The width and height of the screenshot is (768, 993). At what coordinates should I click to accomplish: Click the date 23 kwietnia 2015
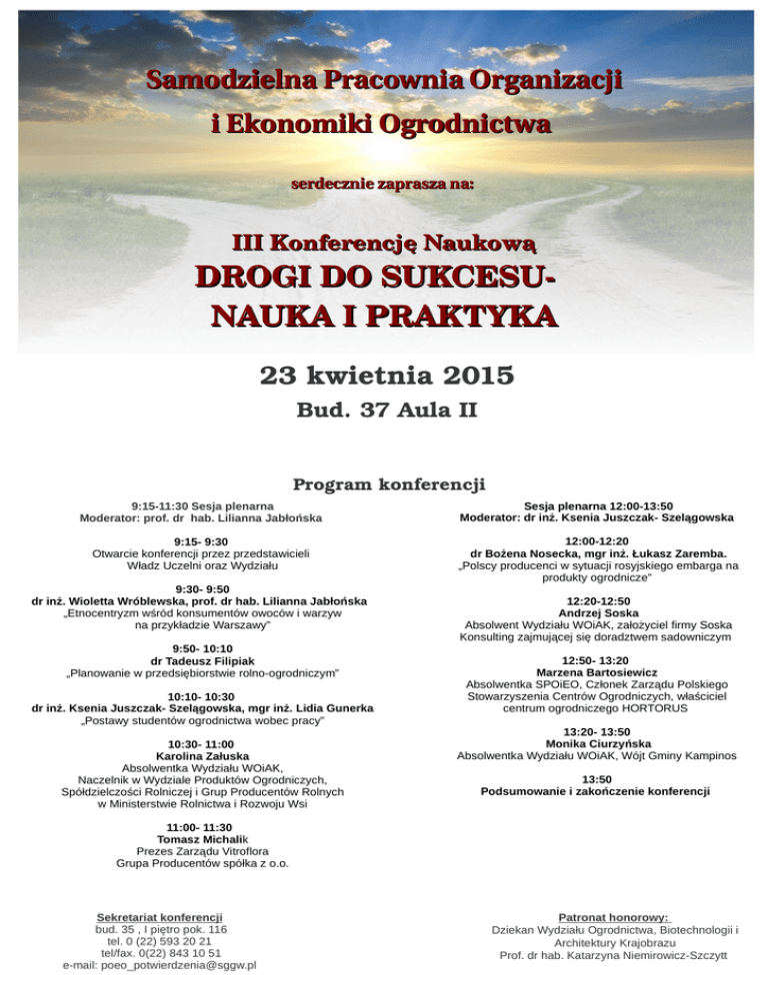pyautogui.click(x=387, y=377)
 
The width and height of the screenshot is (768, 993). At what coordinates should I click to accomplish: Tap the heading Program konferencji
pyautogui.click(x=388, y=486)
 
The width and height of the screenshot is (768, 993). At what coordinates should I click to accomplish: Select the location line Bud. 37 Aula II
pyautogui.click(x=387, y=411)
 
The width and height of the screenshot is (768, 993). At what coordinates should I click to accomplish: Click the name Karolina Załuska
pyautogui.click(x=203, y=756)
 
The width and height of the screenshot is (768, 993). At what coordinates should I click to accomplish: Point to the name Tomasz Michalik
pyautogui.click(x=203, y=840)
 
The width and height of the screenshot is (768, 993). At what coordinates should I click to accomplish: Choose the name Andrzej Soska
pyautogui.click(x=596, y=612)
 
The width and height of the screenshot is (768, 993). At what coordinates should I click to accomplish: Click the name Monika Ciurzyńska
pyautogui.click(x=596, y=744)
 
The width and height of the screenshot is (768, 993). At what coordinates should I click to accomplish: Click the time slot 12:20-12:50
pyautogui.click(x=596, y=600)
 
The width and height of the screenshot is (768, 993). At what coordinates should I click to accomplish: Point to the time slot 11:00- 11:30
pyautogui.click(x=200, y=828)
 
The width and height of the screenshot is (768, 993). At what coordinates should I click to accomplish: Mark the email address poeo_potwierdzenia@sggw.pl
pyautogui.click(x=160, y=965)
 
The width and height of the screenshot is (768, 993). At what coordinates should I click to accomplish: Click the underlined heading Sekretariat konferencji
pyautogui.click(x=160, y=916)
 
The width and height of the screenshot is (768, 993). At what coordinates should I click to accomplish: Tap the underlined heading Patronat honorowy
pyautogui.click(x=614, y=916)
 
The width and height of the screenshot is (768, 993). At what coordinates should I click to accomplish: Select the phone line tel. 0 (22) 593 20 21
pyautogui.click(x=160, y=941)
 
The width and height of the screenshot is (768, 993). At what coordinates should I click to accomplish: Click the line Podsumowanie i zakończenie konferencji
pyautogui.click(x=596, y=791)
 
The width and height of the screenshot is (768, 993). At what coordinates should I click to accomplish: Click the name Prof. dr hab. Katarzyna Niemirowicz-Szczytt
pyautogui.click(x=614, y=955)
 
